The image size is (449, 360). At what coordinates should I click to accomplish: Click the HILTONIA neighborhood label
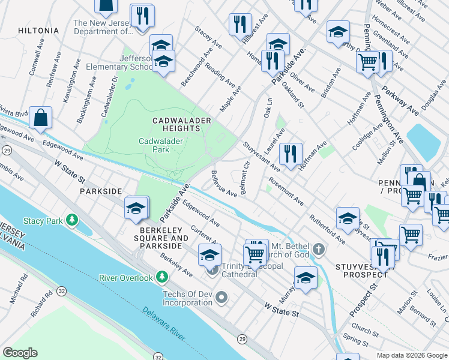click(x=38, y=30)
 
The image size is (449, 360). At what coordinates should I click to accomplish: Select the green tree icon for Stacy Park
click(x=73, y=221)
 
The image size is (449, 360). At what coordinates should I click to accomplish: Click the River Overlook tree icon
click(x=161, y=277)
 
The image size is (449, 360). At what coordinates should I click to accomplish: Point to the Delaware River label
click(x=164, y=327)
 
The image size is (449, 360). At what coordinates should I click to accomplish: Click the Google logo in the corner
click(x=20, y=352)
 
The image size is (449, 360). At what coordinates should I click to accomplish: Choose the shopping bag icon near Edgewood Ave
click(x=40, y=119)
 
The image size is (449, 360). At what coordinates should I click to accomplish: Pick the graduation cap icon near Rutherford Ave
click(x=348, y=219)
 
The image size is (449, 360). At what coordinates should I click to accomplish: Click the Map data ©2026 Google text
click(x=411, y=355)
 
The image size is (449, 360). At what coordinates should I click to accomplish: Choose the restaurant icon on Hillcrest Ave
click(x=240, y=25)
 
